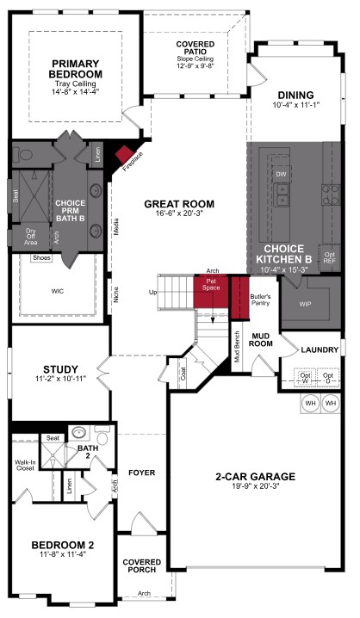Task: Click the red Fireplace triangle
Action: [130, 157]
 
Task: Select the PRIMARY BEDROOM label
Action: [75, 68]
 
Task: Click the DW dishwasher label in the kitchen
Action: [281, 174]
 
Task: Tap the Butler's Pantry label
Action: [260, 300]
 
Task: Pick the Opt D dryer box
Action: [328, 378]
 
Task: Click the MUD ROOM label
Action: [260, 339]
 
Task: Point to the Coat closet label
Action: [184, 374]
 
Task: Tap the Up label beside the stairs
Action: [153, 293]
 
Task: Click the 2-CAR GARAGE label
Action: [255, 476]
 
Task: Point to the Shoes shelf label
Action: [40, 257]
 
